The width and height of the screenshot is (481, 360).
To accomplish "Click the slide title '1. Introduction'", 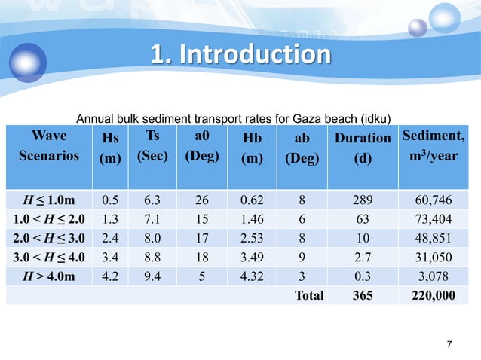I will [239, 55].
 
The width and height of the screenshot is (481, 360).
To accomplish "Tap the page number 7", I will [450, 345].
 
